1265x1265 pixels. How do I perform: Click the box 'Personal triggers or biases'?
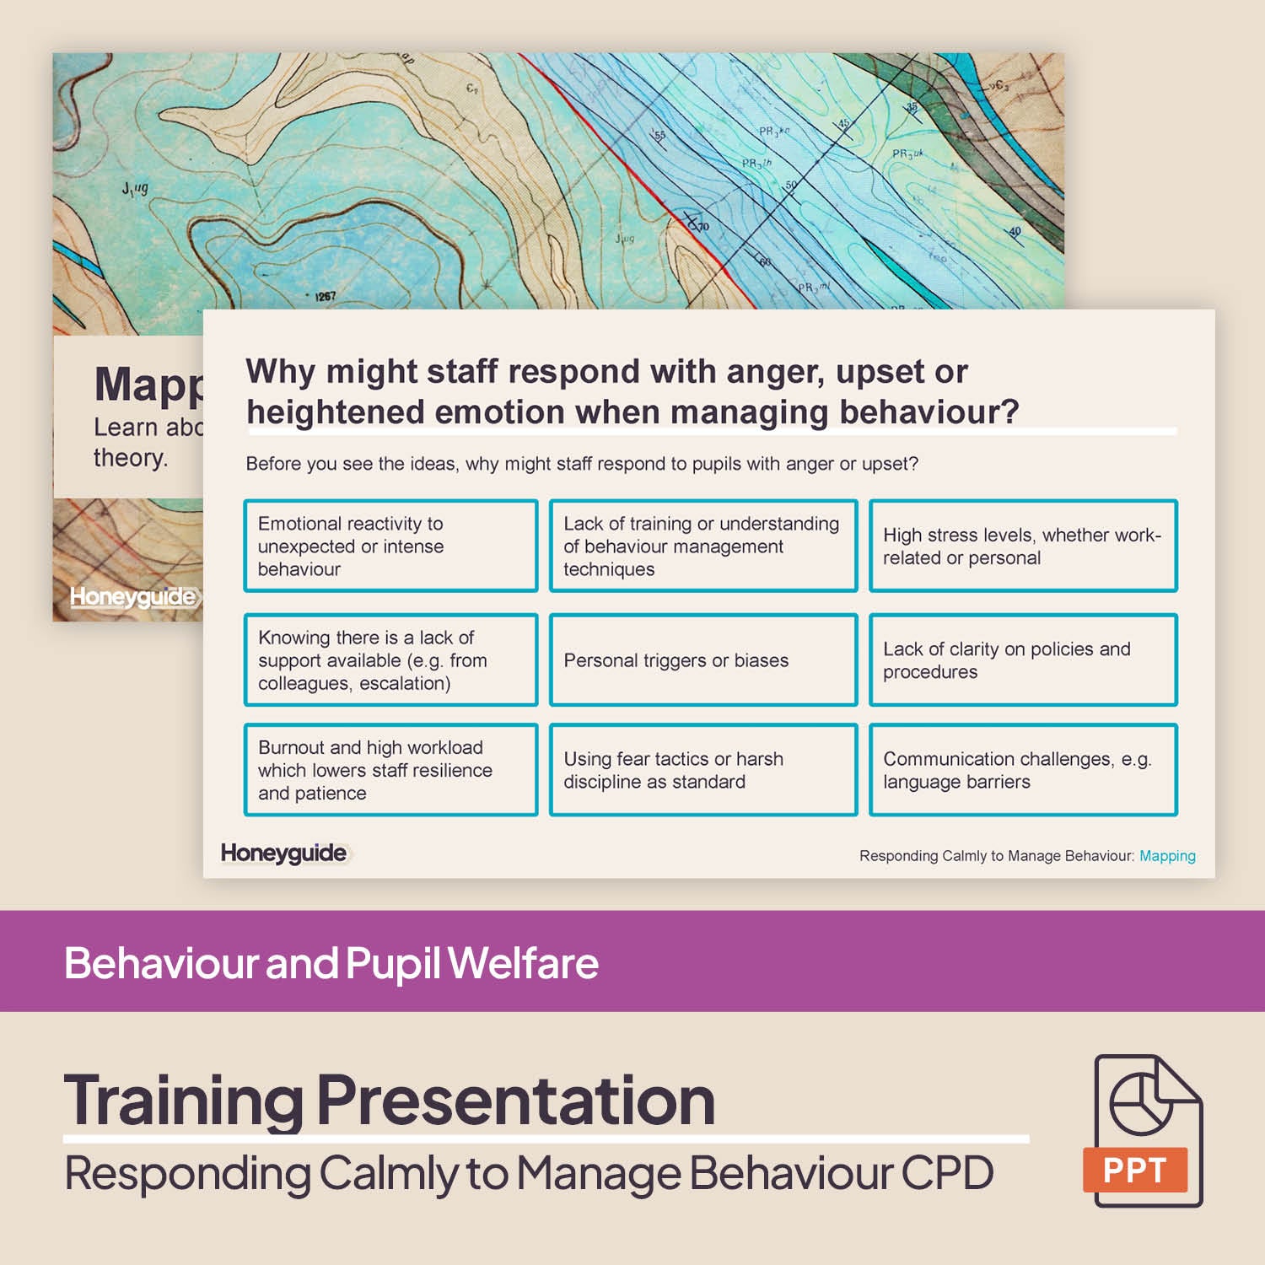(702, 659)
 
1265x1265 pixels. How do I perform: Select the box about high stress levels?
(1022, 546)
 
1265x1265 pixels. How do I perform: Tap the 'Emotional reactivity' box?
(390, 546)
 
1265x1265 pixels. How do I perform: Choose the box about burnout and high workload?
(390, 769)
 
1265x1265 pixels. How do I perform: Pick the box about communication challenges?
(1022, 769)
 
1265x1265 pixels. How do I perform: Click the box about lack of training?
(702, 546)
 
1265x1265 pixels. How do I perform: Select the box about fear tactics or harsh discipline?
(702, 769)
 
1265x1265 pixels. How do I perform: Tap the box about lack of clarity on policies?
(1022, 659)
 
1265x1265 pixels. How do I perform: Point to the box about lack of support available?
(390, 659)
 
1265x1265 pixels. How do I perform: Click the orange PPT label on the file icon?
(1134, 1170)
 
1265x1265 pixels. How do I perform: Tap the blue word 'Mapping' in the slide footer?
(1167, 856)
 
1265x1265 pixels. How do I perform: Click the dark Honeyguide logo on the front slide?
(283, 853)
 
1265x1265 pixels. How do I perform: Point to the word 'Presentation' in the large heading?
(516, 1100)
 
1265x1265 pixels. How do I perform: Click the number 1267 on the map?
(325, 297)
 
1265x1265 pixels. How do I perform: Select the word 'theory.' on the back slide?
(131, 458)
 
